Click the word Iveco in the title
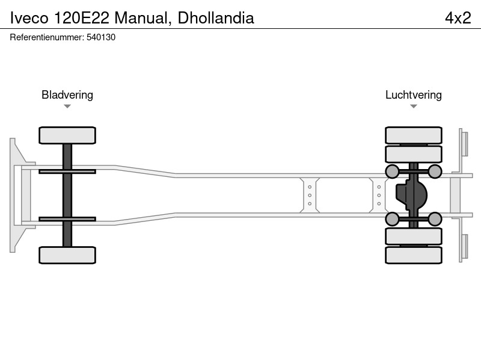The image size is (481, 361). click(x=29, y=18)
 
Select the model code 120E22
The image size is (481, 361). click(x=81, y=18)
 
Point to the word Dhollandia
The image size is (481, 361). click(x=216, y=18)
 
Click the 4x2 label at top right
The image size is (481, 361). click(x=458, y=18)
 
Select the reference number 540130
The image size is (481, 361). click(x=101, y=37)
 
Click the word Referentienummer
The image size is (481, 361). click(x=47, y=37)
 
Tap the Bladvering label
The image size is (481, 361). click(x=67, y=95)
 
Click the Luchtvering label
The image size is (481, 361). click(x=414, y=95)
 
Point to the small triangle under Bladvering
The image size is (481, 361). click(x=67, y=106)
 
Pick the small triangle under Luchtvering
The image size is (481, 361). click(x=414, y=106)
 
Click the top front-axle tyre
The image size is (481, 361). click(x=67, y=135)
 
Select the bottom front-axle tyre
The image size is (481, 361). click(x=67, y=255)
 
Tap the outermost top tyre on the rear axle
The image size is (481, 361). click(x=414, y=135)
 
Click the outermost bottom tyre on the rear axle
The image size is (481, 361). click(x=414, y=255)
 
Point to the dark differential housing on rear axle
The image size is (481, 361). click(x=411, y=195)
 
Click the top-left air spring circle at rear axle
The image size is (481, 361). click(x=392, y=171)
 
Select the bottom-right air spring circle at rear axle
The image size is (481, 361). click(x=435, y=219)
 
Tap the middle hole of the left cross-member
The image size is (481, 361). click(x=310, y=195)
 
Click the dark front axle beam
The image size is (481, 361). click(x=67, y=195)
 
